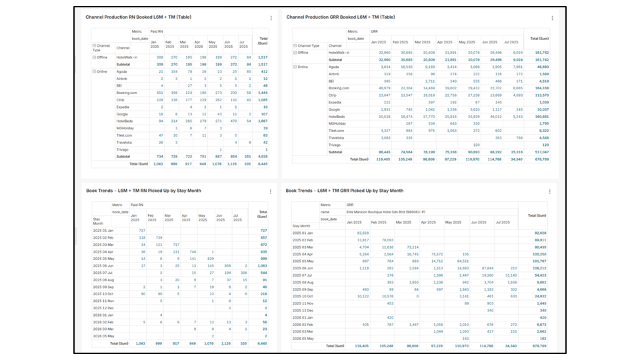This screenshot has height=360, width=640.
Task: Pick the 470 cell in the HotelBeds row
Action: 233,121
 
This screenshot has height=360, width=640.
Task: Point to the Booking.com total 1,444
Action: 262,93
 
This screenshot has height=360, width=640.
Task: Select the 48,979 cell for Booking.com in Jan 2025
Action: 384,88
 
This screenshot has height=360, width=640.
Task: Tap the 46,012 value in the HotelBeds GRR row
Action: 493,117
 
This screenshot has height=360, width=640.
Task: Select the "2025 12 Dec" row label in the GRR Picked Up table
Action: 304,311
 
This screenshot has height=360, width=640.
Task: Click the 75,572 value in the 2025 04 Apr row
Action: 437,254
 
